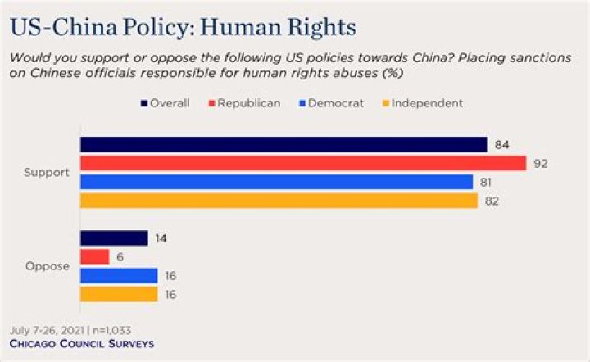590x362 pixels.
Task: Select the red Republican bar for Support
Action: [302, 163]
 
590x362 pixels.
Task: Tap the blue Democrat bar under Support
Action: [276, 182]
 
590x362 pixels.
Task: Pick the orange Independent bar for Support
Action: [278, 201]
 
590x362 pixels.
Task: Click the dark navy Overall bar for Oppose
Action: [114, 238]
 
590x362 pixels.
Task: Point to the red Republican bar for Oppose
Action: [94, 257]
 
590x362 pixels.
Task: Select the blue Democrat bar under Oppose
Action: [118, 276]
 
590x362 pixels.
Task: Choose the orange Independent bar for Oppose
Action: [118, 294]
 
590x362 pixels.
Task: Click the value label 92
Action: [540, 164]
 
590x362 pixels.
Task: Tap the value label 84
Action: [502, 145]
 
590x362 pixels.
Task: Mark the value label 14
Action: [162, 238]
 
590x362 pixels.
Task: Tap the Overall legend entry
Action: [168, 103]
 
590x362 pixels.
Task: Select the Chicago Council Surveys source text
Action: [81, 344]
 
